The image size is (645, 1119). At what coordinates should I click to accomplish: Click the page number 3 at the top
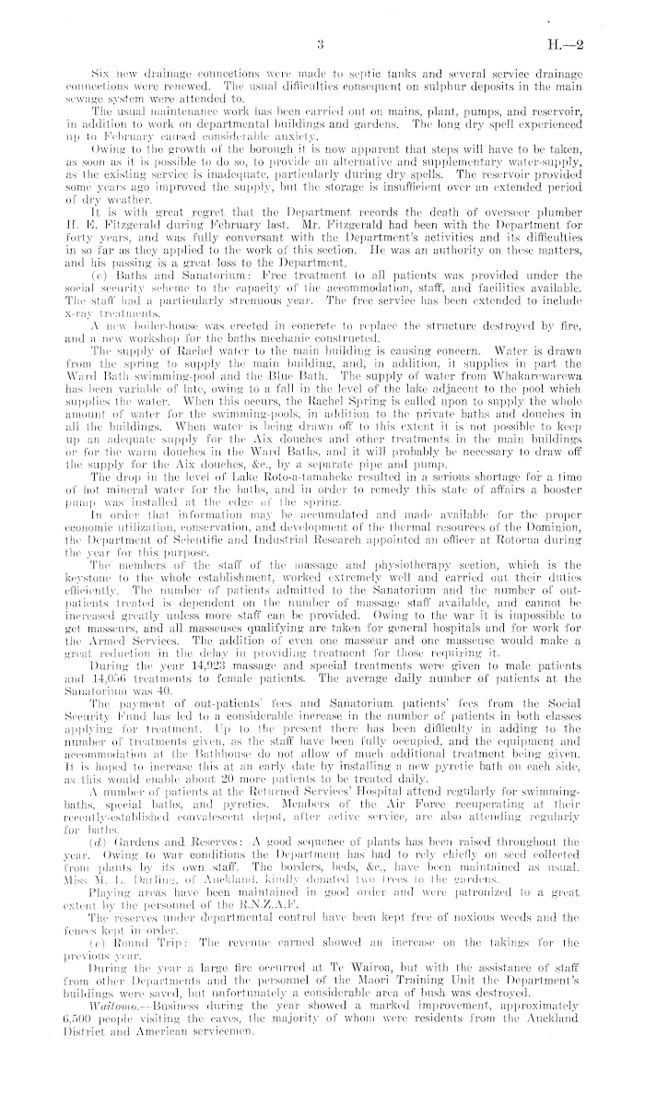click(316, 43)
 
